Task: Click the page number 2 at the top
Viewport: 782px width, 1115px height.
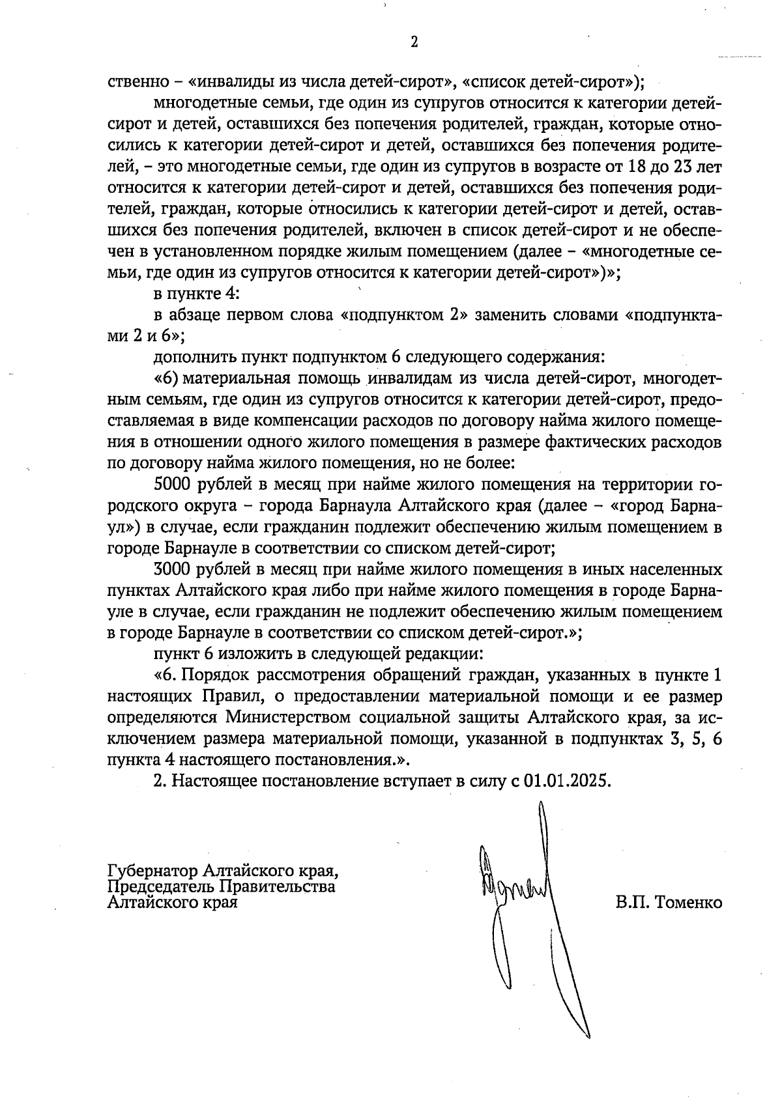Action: (414, 43)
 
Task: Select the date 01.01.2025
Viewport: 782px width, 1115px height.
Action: (566, 781)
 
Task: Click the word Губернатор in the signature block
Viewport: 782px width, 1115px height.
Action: (153, 871)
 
